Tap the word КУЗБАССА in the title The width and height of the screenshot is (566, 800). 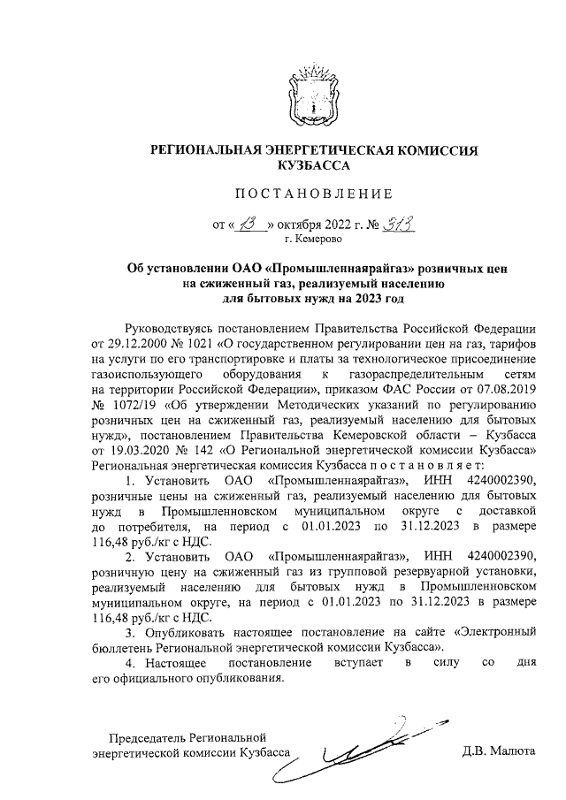[x=314, y=165]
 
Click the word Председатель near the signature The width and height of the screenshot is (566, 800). [x=148, y=737]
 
